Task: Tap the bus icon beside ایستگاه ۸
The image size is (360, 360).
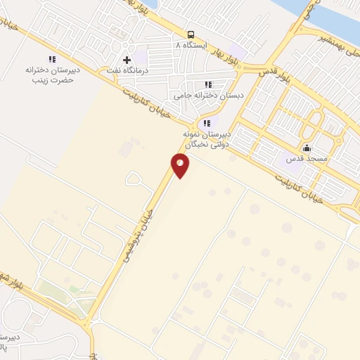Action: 191,34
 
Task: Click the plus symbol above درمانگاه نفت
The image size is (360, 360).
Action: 127,60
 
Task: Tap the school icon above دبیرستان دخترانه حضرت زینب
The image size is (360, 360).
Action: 51,60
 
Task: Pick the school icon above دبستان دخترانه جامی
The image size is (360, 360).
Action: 207,84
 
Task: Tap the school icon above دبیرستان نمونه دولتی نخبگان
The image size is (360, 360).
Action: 205,122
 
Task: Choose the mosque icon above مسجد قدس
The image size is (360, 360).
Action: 307,148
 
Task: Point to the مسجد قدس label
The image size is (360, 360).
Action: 307,160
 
